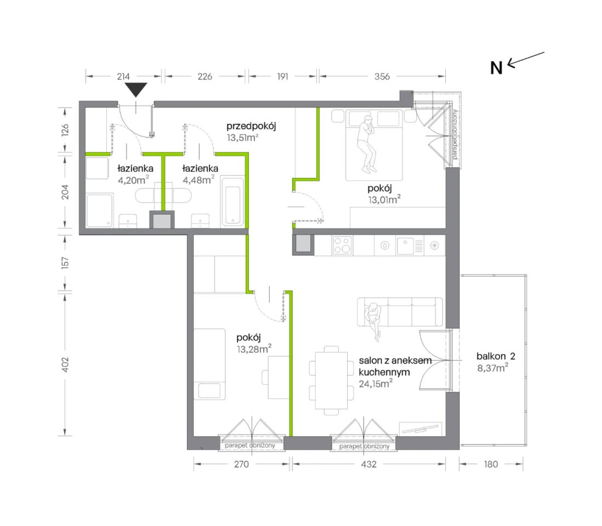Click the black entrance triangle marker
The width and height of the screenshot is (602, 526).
point(137,89)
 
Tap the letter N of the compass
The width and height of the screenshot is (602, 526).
point(496,68)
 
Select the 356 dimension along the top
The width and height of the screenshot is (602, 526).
point(382,76)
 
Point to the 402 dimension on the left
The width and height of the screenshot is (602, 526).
point(65,364)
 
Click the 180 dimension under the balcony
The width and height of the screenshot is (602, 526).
point(491,464)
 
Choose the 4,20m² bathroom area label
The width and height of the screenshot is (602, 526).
point(133,180)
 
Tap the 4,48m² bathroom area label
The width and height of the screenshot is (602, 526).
point(198,180)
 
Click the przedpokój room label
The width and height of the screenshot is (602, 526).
point(251,126)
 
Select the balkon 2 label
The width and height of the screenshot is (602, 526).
point(496,356)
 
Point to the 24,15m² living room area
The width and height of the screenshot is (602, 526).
point(376,384)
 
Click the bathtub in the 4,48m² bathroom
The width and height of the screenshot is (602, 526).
point(232,202)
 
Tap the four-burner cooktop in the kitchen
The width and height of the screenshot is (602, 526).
point(343,245)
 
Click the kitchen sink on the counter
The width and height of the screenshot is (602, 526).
point(405,245)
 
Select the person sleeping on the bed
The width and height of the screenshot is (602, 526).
point(367,144)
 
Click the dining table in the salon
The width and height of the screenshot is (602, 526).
point(331,381)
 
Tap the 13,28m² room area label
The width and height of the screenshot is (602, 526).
point(254,348)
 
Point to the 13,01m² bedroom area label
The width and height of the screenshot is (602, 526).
point(384,199)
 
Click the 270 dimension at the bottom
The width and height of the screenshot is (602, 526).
point(241,464)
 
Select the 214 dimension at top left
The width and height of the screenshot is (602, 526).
point(123,76)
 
